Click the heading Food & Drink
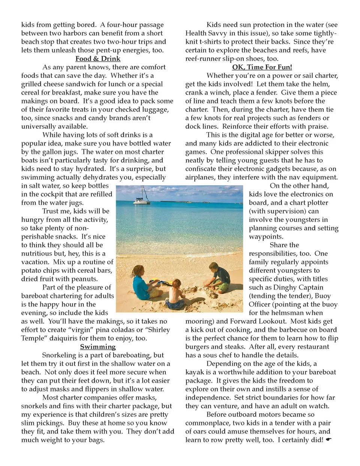coord(98,59)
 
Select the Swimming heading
coord(98,347)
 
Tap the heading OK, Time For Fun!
coord(262,67)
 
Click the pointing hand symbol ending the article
coord(329,439)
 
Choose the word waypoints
coord(266,237)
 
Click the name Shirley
coord(156,330)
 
